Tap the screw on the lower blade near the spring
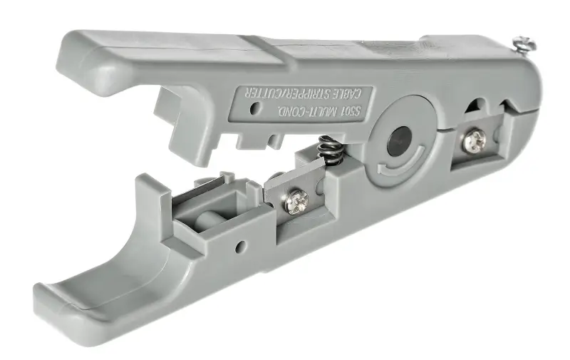coord(296,201)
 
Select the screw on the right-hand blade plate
coord(475,140)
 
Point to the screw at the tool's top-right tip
coord(524,46)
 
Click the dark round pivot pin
coord(400,141)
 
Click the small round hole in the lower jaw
coord(241,246)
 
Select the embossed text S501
coord(348,111)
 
